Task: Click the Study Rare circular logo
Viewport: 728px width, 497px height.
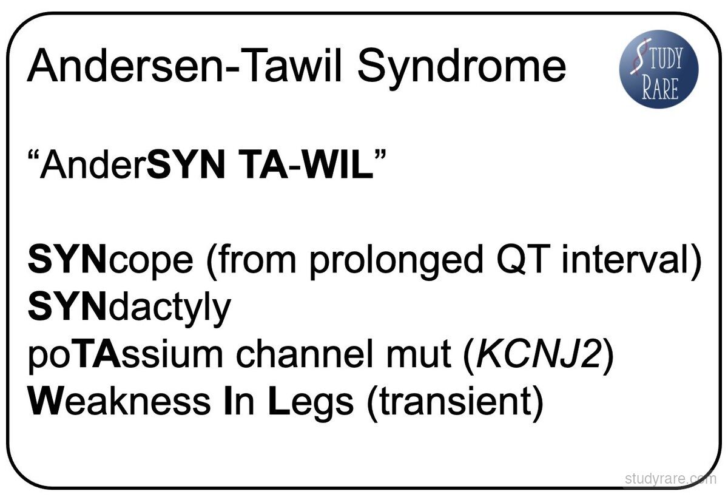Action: click(659, 69)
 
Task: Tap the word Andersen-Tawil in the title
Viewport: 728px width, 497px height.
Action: click(184, 65)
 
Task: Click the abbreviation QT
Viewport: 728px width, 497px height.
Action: click(519, 259)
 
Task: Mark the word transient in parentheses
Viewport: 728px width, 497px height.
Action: click(456, 403)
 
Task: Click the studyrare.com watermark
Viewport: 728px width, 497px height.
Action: click(670, 478)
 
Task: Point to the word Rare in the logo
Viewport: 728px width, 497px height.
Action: click(660, 88)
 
